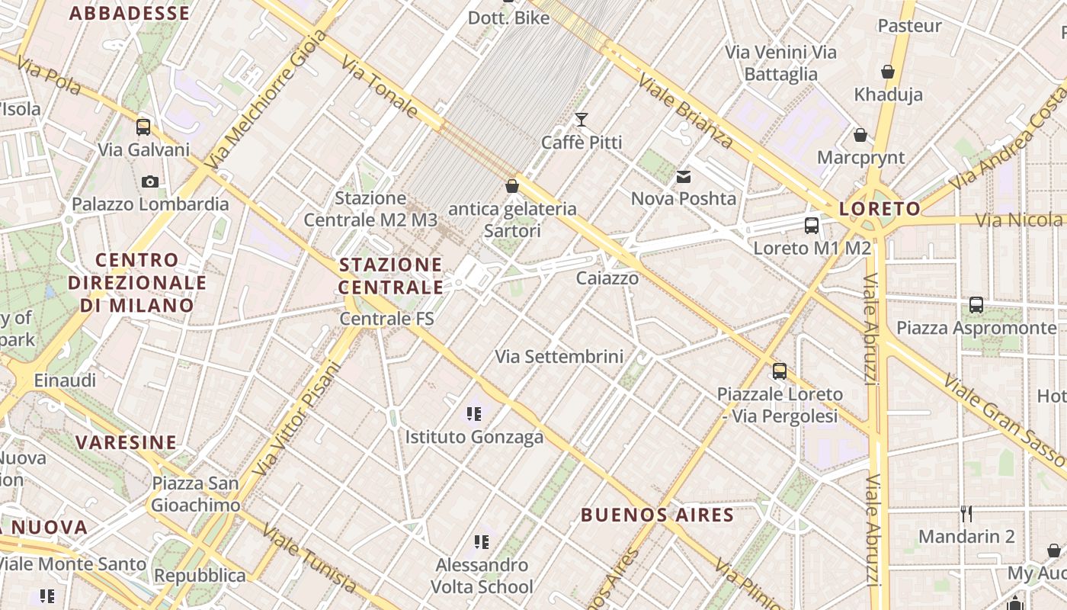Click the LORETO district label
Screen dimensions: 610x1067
pyautogui.click(x=879, y=209)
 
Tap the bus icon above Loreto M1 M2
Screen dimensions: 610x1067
pyautogui.click(x=812, y=226)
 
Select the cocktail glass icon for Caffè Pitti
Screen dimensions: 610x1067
pyautogui.click(x=582, y=120)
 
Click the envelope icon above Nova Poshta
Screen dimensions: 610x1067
pyautogui.click(x=684, y=177)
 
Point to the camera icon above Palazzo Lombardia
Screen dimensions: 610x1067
pyautogui.click(x=150, y=181)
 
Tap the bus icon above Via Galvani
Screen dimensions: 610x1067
pyautogui.click(x=143, y=127)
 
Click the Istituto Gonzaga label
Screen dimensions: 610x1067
pyautogui.click(x=474, y=437)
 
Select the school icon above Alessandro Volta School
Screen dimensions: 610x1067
pyautogui.click(x=481, y=542)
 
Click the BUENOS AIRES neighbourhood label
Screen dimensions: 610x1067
pyautogui.click(x=657, y=515)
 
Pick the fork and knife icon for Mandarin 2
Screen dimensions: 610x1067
pyautogui.click(x=966, y=513)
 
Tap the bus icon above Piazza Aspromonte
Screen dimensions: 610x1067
pyautogui.click(x=976, y=305)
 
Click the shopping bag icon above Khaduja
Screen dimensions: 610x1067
pyautogui.click(x=888, y=72)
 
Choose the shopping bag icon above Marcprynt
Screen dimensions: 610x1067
pyautogui.click(x=860, y=136)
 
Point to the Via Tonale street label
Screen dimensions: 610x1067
pyautogui.click(x=380, y=87)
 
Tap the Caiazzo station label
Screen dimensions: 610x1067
pyautogui.click(x=607, y=278)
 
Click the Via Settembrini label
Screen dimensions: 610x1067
pyautogui.click(x=559, y=356)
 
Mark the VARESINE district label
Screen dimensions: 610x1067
pyautogui.click(x=126, y=442)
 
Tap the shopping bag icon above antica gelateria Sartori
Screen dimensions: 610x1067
pyautogui.click(x=512, y=186)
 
